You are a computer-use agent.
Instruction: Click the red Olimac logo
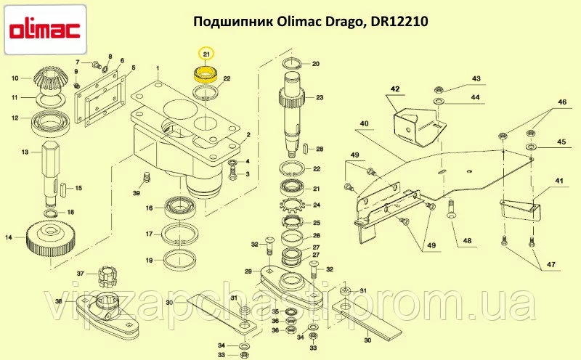[45, 30]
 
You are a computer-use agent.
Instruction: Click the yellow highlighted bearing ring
[207, 74]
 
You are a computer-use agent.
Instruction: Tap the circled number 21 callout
[207, 55]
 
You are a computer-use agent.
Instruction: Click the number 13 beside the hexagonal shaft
[25, 152]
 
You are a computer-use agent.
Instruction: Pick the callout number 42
[395, 89]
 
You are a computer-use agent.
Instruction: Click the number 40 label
[365, 123]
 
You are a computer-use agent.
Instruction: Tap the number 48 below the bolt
[467, 241]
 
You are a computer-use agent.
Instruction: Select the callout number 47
[551, 264]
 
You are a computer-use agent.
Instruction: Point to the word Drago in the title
[346, 22]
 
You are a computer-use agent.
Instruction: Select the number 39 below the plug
[137, 193]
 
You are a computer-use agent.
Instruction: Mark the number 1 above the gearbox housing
[158, 68]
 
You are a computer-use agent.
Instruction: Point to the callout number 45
[561, 142]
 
